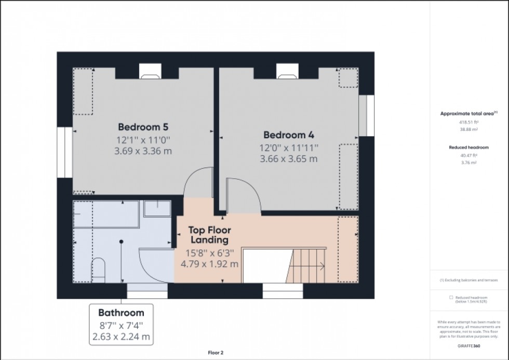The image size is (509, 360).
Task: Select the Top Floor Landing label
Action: point(209,235)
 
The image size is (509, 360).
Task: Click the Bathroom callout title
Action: point(121,313)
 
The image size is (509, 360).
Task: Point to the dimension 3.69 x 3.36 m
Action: point(143,151)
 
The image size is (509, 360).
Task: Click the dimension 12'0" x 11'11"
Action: point(289,148)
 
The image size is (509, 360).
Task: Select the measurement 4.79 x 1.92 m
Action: point(209,263)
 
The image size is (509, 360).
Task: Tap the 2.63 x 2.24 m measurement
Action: point(121,336)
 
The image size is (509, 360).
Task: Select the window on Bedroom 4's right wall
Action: point(370,115)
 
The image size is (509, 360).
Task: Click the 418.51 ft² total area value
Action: point(468,123)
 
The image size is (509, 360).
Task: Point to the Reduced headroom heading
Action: point(468,148)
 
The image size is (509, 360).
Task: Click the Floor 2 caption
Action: point(216,353)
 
